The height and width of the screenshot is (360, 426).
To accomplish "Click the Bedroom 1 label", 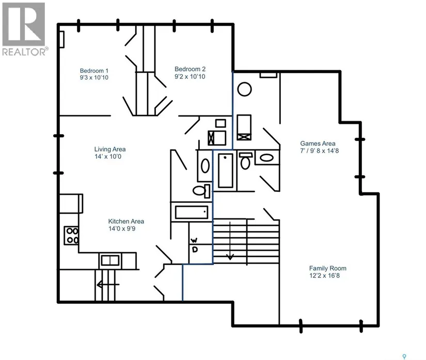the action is tap(94, 71).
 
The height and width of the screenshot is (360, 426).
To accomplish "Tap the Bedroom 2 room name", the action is tap(190, 69).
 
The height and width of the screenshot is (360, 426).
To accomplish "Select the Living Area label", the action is tap(110, 149).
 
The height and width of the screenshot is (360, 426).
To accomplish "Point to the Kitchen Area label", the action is tap(126, 221).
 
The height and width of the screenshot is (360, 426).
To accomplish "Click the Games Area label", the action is tap(318, 143).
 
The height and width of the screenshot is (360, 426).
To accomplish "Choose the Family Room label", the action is tap(328, 268).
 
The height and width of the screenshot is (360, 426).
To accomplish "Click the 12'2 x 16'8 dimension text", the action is tap(324, 275).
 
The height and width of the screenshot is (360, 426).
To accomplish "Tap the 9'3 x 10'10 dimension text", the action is tap(94, 77).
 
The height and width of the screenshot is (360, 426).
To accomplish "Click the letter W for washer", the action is tap(194, 240).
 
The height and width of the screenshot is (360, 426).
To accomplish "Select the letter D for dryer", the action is tap(195, 249).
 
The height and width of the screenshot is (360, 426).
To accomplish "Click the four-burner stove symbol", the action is tap(72, 236).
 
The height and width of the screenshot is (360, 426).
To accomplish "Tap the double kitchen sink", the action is tap(110, 260).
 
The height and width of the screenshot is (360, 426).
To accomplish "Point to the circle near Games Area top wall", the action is tap(244, 89).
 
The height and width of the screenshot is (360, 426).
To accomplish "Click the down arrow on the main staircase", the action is tap(230, 241).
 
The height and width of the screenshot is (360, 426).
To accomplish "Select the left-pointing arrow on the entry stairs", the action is tap(108, 285).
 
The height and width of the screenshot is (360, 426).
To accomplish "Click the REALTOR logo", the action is tap(25, 29).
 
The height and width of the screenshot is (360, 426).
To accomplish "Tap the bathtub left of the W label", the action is tap(192, 212).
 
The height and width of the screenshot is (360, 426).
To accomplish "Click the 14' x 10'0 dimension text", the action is tap(108, 157).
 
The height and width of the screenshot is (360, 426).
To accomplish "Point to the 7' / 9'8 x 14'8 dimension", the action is tap(320, 151).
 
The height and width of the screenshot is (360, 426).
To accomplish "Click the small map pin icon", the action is tap(404, 356).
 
